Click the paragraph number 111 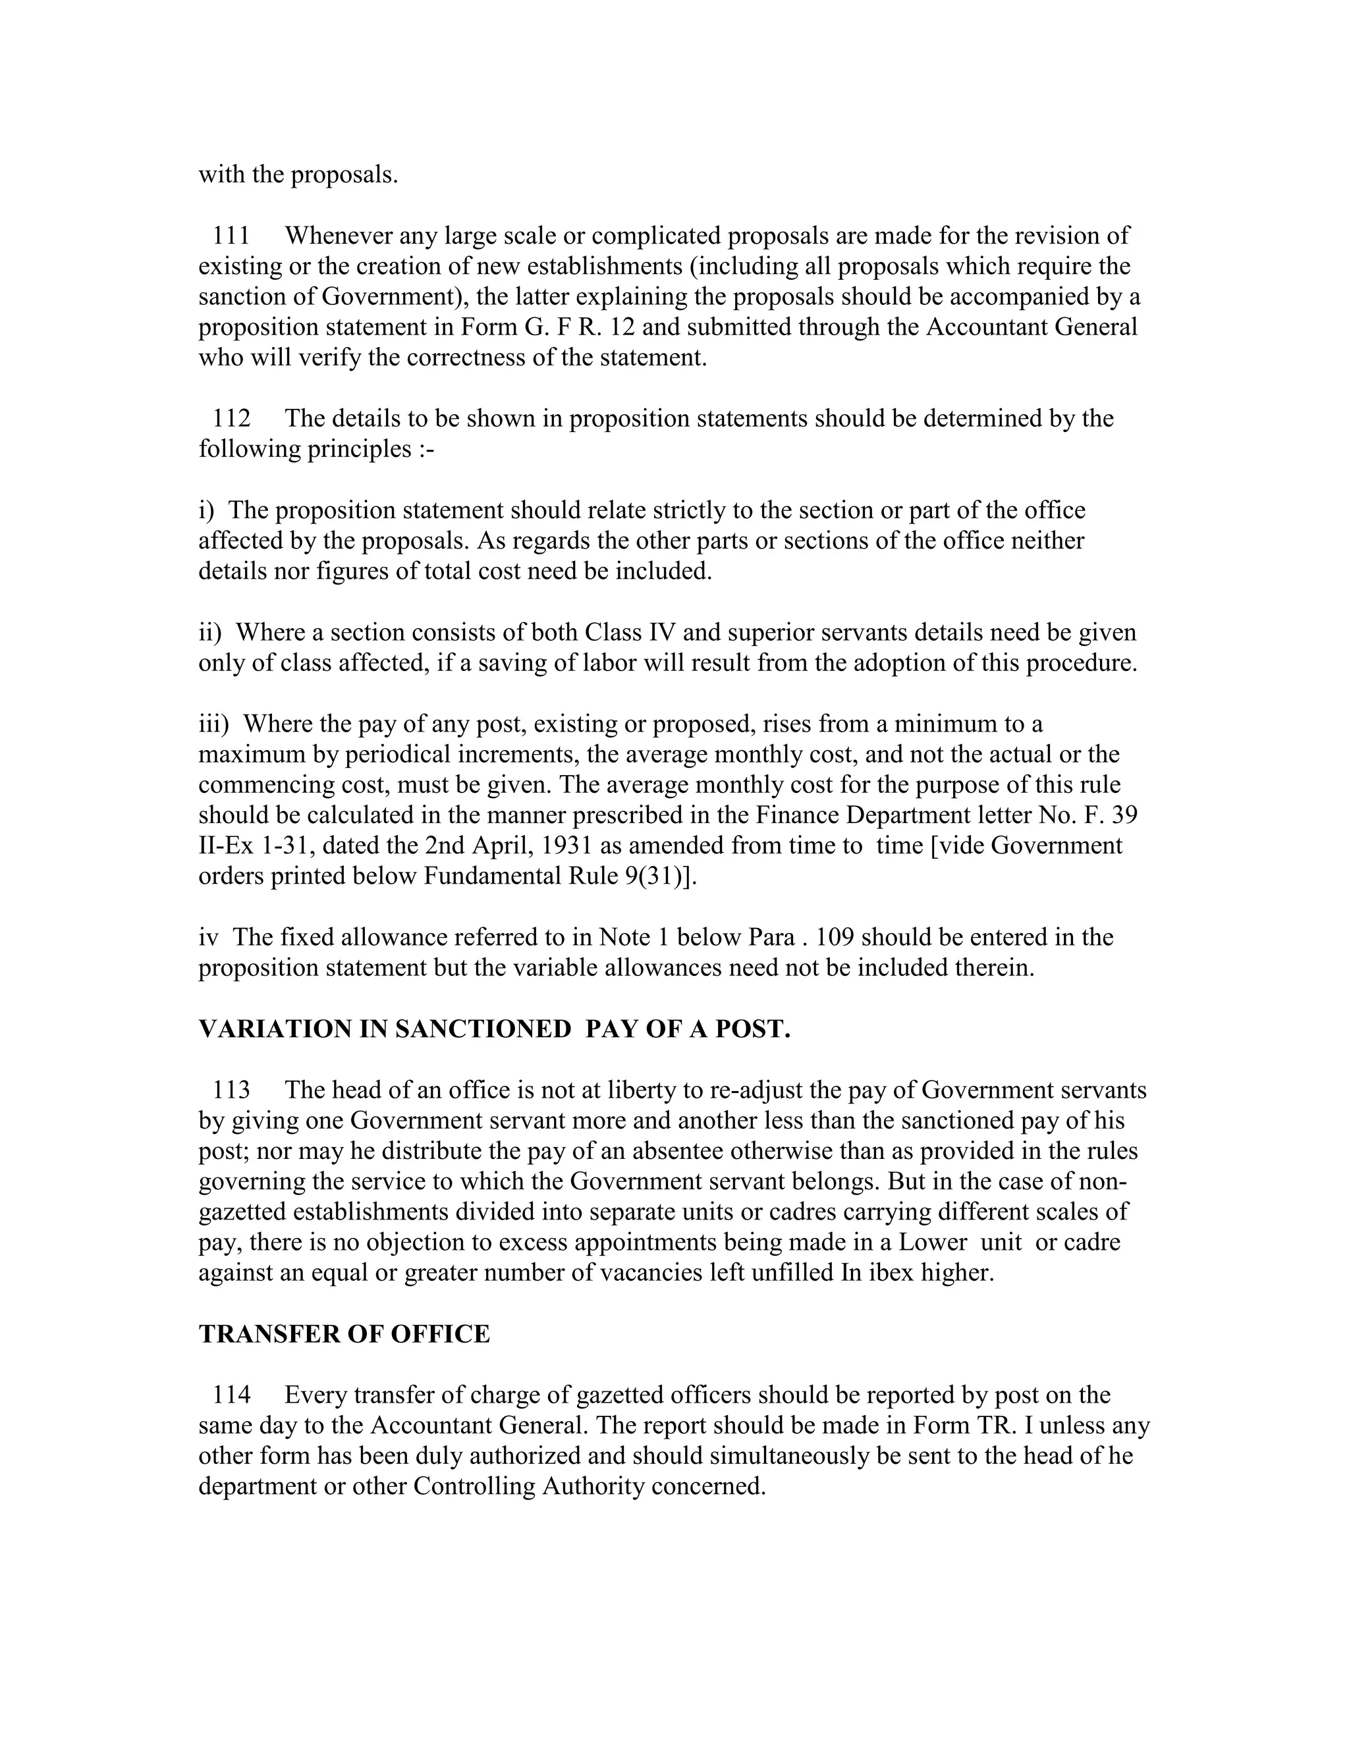pos(231,236)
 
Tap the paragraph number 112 pos(231,418)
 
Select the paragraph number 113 pos(231,1090)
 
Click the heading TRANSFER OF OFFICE pos(344,1334)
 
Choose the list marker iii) pos(213,724)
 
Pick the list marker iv pos(207,937)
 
